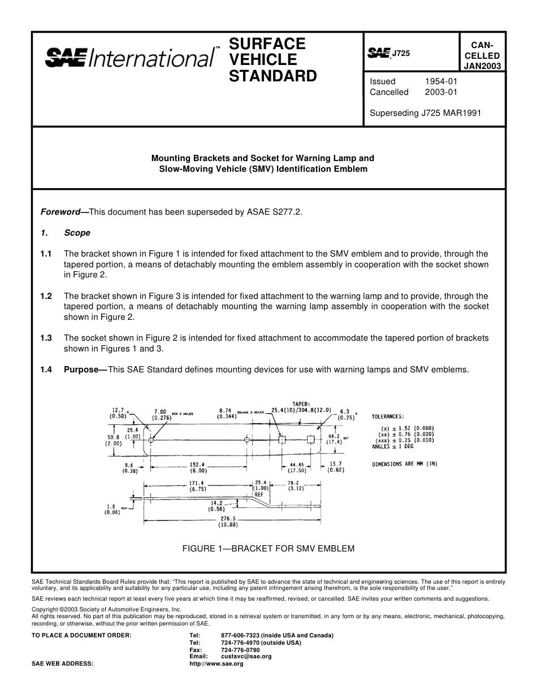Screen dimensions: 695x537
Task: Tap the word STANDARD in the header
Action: (x=272, y=76)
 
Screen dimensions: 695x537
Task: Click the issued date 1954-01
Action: (x=441, y=81)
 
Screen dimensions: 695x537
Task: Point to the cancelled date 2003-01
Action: (x=441, y=92)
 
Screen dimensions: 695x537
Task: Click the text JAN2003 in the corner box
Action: (x=482, y=66)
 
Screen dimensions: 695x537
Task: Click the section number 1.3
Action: (x=46, y=338)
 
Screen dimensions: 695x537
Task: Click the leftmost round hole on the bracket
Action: (x=151, y=440)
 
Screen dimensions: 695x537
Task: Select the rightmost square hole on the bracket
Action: (x=310, y=440)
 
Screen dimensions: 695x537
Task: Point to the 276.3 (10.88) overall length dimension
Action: (x=228, y=521)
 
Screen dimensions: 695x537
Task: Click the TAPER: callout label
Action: (x=301, y=404)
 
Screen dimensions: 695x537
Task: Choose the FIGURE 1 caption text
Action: (x=268, y=548)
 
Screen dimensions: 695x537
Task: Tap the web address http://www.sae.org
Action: (x=216, y=663)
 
